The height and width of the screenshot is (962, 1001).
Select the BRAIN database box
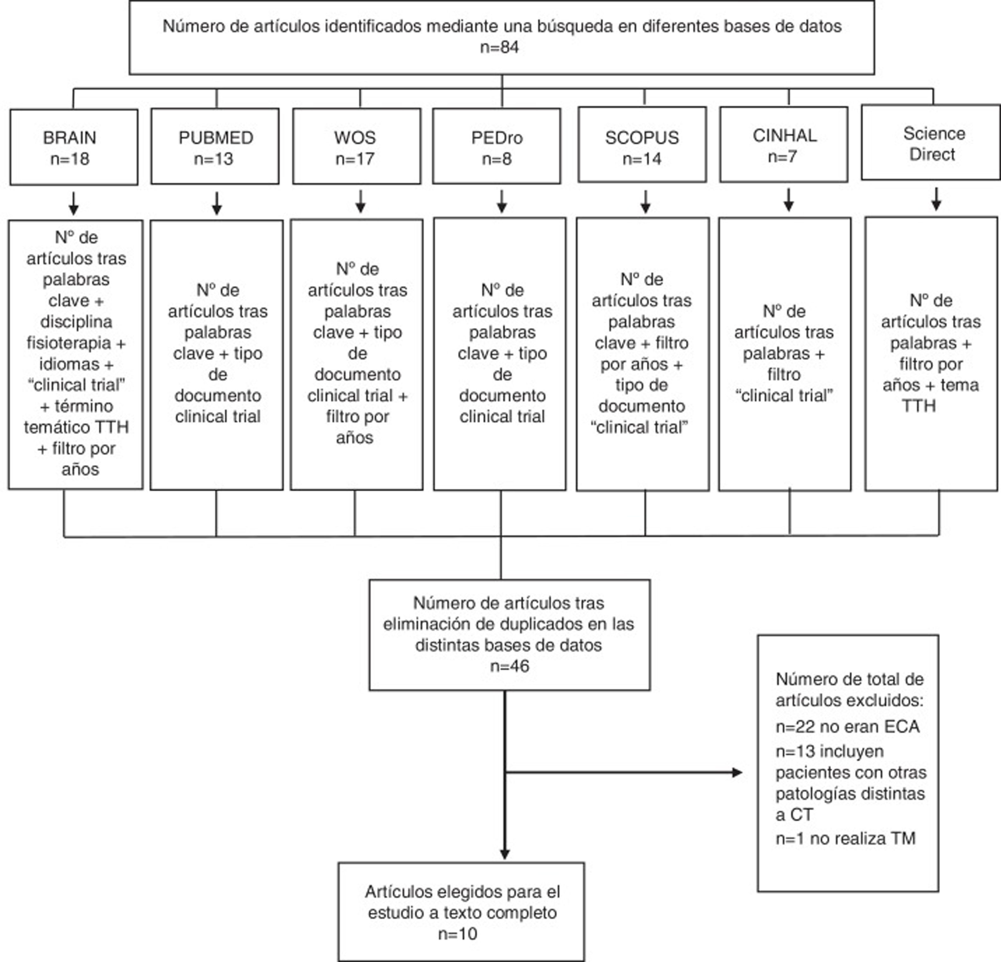coord(74,147)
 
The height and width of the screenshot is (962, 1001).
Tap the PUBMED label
coord(215,137)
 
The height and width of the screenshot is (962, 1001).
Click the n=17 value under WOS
coord(355,159)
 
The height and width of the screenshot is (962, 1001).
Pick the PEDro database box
coord(496,146)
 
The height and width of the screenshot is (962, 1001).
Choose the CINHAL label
coord(785,135)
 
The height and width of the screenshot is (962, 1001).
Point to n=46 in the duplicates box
coord(509,666)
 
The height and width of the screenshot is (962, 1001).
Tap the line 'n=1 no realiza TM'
coord(845,838)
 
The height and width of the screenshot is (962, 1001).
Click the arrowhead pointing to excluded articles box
coord(737,772)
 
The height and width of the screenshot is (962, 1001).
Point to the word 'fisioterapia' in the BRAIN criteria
coord(69,343)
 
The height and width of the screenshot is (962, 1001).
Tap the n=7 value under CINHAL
coord(782,157)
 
